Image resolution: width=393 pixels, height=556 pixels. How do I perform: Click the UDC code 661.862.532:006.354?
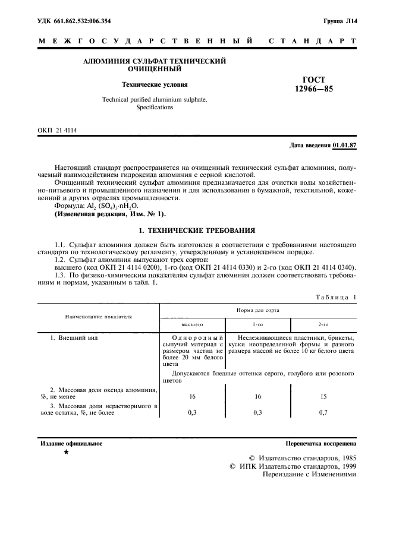pyautogui.click(x=83, y=21)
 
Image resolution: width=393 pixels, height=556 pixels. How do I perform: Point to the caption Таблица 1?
pyautogui.click(x=337, y=296)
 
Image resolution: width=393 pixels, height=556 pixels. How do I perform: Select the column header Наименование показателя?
pyautogui.click(x=99, y=318)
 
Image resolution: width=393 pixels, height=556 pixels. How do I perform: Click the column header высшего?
pyautogui.click(x=192, y=325)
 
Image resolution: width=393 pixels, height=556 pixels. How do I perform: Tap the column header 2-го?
pyautogui.click(x=323, y=325)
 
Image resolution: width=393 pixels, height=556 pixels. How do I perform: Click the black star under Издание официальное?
pyautogui.click(x=66, y=453)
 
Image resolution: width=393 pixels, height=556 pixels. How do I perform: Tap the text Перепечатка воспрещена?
pyautogui.click(x=320, y=444)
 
